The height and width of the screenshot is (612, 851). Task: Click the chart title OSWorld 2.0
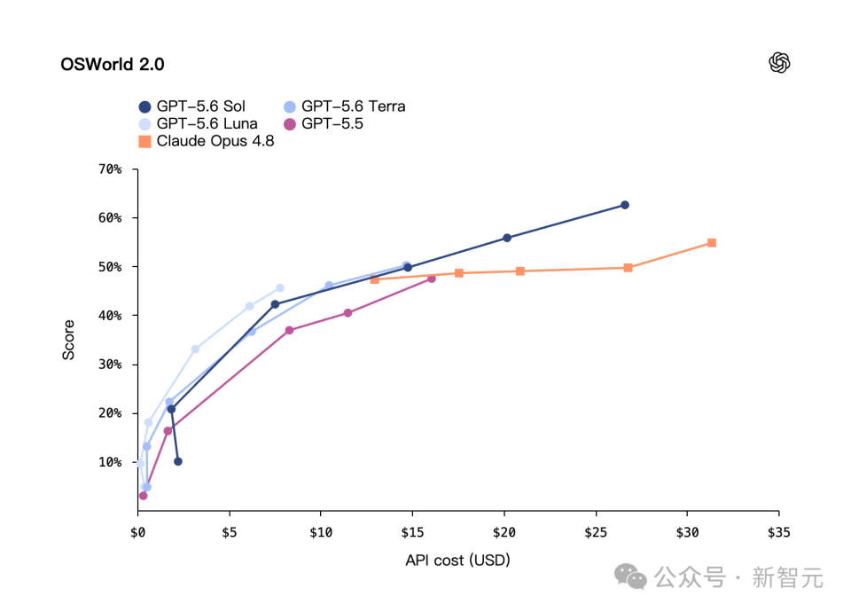click(x=113, y=64)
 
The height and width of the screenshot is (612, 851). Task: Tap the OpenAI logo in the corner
click(x=779, y=62)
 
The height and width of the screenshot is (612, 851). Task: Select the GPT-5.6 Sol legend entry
click(x=192, y=106)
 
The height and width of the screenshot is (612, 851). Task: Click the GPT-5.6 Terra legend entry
click(x=345, y=106)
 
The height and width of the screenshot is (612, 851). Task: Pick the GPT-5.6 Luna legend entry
click(x=198, y=124)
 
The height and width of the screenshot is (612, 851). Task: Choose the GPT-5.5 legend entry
click(x=324, y=124)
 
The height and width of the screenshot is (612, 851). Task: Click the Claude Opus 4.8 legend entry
click(x=207, y=141)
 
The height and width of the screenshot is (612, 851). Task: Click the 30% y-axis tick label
click(x=110, y=365)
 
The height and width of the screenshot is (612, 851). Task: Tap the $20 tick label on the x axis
click(x=504, y=533)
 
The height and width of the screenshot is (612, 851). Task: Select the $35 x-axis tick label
click(x=779, y=533)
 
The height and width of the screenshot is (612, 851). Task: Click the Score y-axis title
click(x=68, y=340)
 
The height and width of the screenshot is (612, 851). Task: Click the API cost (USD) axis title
click(x=457, y=561)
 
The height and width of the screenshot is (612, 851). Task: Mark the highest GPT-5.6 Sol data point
click(x=625, y=205)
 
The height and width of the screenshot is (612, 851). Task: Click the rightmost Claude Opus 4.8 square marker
click(x=712, y=243)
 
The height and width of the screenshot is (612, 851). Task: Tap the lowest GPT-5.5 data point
click(x=144, y=496)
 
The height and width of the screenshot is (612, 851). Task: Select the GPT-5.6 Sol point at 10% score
click(x=178, y=461)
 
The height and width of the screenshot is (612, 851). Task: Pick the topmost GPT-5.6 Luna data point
click(x=280, y=287)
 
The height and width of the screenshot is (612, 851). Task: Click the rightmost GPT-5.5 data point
click(x=432, y=279)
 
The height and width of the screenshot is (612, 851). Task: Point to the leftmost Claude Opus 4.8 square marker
click(x=374, y=279)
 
